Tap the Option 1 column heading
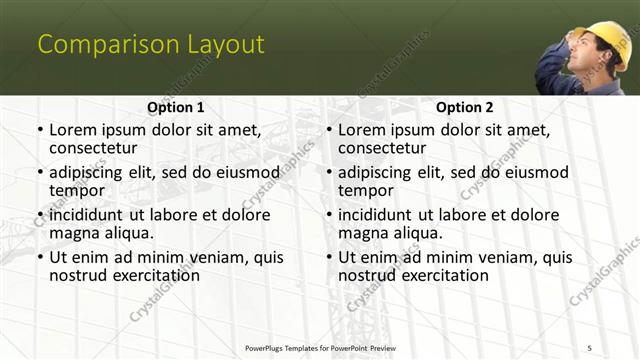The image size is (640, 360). point(176,106)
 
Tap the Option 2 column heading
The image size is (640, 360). point(465,106)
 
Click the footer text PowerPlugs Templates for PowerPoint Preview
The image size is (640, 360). point(320,347)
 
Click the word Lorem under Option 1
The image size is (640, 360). point(75,130)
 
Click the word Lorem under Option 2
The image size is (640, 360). point(364,130)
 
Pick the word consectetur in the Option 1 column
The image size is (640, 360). point(96,148)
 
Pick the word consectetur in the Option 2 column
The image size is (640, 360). point(385,148)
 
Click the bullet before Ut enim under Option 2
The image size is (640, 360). point(329,257)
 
